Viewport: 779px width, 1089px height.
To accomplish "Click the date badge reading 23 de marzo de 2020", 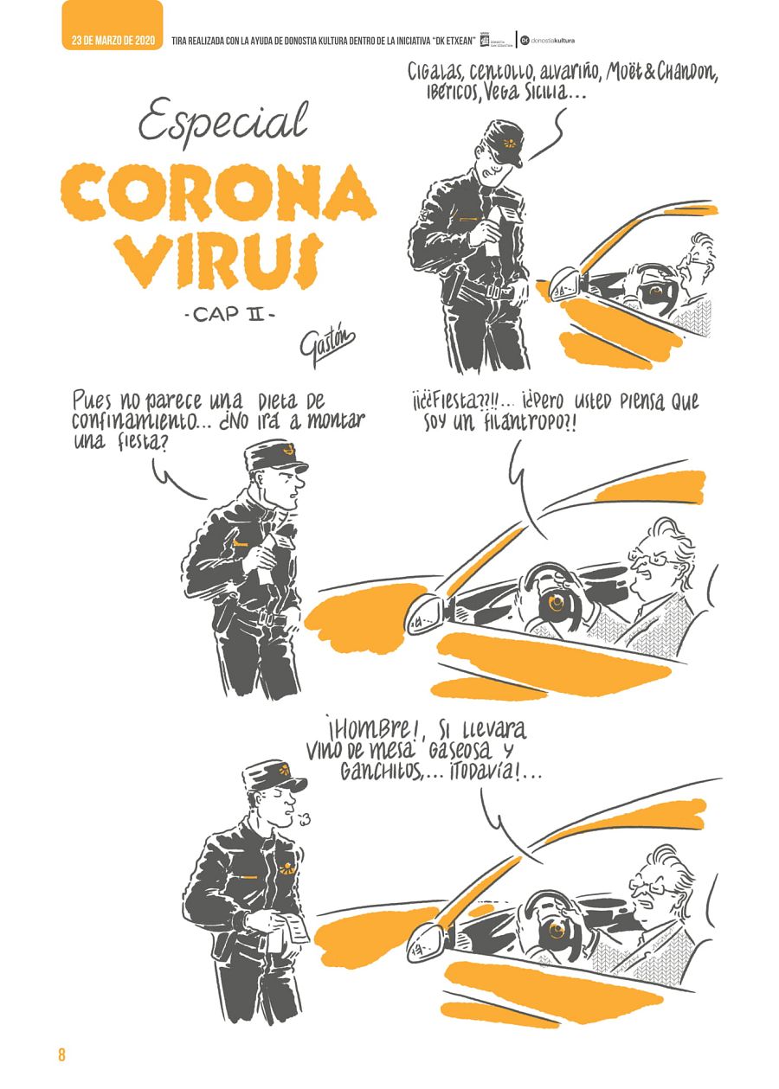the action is tap(113, 40).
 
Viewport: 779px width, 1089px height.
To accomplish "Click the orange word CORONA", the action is tap(218, 193).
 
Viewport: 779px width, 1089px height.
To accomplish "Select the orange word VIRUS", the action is tap(219, 259).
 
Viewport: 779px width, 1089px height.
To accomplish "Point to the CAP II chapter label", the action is tap(230, 315).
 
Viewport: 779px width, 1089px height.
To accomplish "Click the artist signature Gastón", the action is tap(326, 347).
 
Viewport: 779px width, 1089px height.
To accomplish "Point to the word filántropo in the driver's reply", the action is tap(523, 422).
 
